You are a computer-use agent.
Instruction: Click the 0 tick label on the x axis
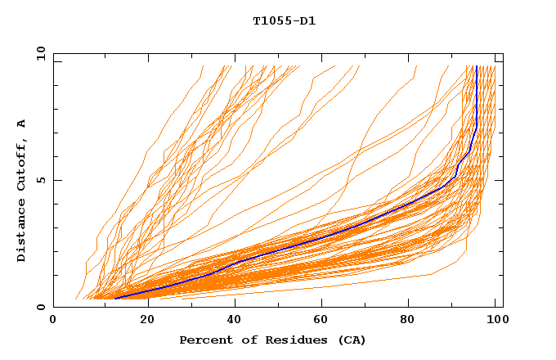53,322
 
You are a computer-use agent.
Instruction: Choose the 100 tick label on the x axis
496,322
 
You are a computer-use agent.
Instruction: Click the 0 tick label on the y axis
40,308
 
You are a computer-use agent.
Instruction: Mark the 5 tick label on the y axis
40,180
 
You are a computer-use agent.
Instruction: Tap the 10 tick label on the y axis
38,52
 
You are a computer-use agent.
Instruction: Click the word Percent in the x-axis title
204,340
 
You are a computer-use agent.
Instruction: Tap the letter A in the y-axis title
21,124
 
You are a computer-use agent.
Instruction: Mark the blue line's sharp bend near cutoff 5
455,175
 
